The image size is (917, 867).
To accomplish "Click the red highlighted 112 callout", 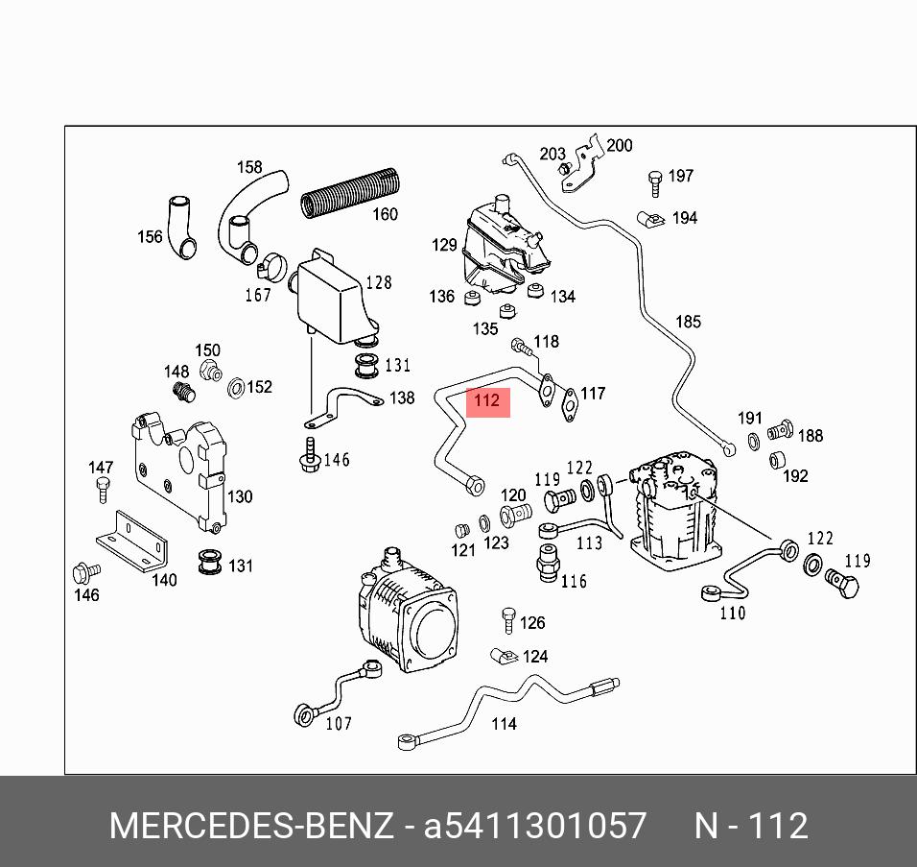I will coord(487,400).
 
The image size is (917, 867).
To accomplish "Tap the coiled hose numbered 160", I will coord(349,192).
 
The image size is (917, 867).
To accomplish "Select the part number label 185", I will coord(688,322).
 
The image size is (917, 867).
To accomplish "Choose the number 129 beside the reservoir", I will coord(444,245).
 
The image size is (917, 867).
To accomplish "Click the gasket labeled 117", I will coord(570,404).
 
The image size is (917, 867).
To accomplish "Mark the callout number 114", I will coord(504,723).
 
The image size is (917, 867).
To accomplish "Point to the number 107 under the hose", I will coord(339,723).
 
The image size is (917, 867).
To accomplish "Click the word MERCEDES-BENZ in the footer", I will coord(251,826).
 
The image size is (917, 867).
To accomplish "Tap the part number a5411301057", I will coord(535,826).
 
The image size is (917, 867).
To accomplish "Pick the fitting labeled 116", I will coord(548,565).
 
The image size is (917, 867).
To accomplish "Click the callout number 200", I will coord(620,145).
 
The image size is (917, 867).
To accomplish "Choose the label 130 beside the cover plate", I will coord(240,496).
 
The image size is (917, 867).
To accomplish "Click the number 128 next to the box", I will coord(379,282).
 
